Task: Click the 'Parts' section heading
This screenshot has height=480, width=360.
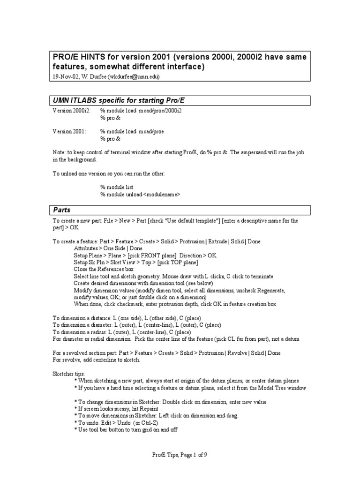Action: (61, 210)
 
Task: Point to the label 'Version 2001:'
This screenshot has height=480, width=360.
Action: (69, 132)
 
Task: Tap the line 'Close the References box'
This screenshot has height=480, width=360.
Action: (104, 270)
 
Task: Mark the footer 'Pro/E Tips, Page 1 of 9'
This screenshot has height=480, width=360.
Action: (180, 454)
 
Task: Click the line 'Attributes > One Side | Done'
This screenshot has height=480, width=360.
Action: (108, 248)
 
